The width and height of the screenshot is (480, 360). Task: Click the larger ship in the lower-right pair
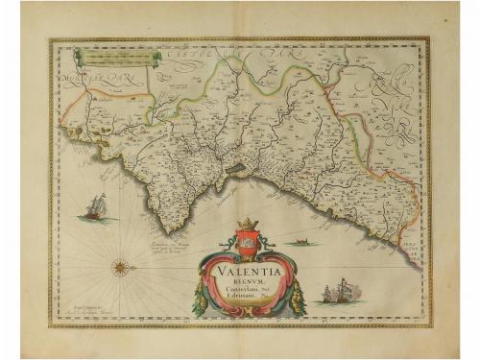point(331,290)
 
